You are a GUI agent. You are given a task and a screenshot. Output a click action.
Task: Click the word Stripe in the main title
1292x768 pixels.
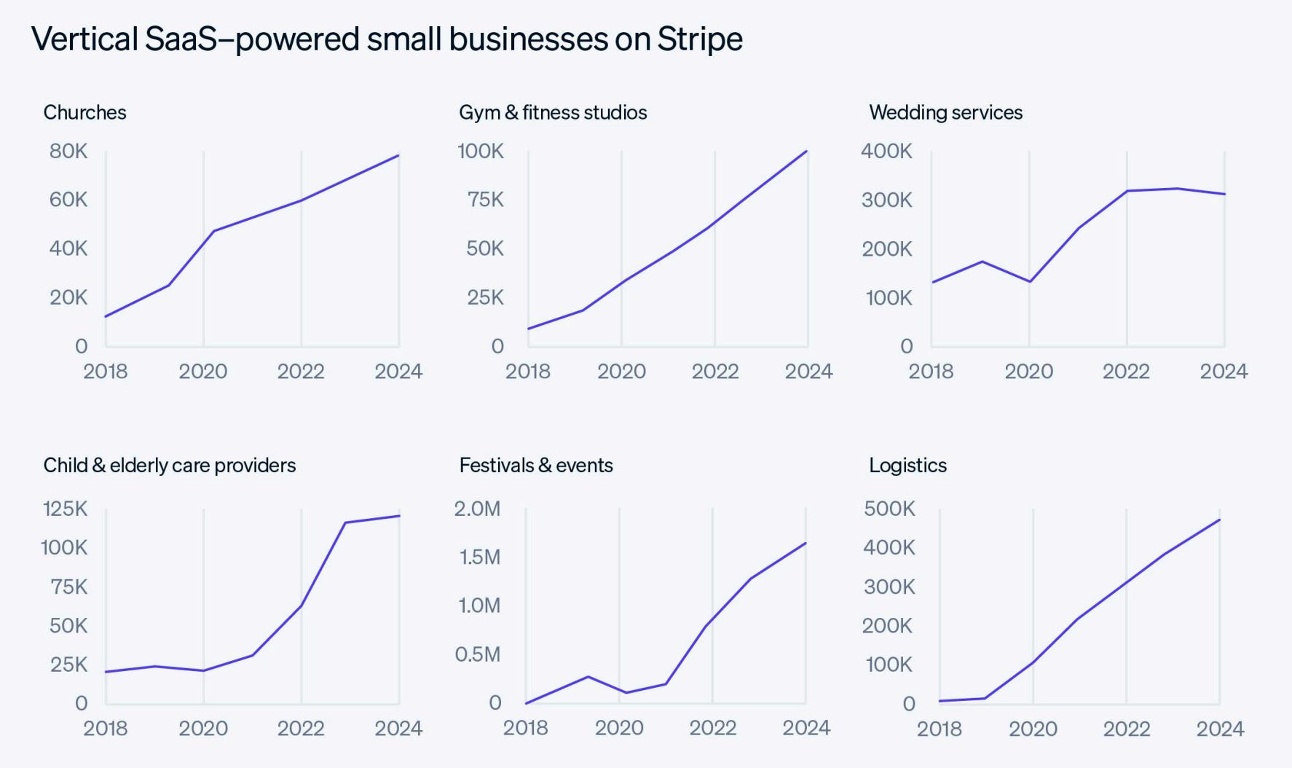click(699, 39)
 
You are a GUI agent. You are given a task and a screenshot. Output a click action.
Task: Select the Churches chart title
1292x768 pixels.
click(84, 112)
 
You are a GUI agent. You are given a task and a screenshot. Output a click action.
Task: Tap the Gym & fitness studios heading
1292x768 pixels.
click(553, 112)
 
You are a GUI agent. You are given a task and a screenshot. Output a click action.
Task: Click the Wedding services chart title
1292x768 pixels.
click(945, 112)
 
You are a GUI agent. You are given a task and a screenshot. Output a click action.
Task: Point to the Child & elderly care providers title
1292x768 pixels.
click(169, 465)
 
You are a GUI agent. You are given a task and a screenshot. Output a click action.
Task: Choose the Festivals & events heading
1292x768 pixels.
click(536, 465)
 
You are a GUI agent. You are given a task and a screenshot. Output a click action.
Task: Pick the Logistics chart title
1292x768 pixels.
click(907, 465)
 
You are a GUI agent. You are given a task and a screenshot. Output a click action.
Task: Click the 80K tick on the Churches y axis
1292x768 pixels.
click(68, 151)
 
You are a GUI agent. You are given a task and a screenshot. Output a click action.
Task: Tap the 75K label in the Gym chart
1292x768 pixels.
click(485, 200)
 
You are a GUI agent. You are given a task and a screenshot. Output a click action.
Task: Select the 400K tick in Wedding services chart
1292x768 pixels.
click(886, 151)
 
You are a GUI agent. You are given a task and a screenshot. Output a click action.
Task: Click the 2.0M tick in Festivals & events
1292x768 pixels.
click(477, 509)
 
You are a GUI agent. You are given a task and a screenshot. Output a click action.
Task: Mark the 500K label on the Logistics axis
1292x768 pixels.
click(889, 509)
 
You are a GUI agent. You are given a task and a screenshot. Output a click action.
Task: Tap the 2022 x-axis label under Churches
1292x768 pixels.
click(301, 372)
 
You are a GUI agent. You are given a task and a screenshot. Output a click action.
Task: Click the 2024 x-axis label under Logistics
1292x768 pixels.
click(1220, 729)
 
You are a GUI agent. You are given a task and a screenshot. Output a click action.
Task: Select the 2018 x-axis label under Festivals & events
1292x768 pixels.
click(525, 728)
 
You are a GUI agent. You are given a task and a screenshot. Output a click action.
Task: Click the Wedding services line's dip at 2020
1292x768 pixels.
click(1029, 281)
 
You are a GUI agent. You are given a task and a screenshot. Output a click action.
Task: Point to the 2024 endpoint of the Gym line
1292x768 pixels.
click(807, 152)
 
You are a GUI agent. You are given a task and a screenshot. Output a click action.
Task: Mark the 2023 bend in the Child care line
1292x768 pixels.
click(344, 522)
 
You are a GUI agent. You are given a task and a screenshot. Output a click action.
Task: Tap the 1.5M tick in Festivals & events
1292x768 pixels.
click(479, 557)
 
